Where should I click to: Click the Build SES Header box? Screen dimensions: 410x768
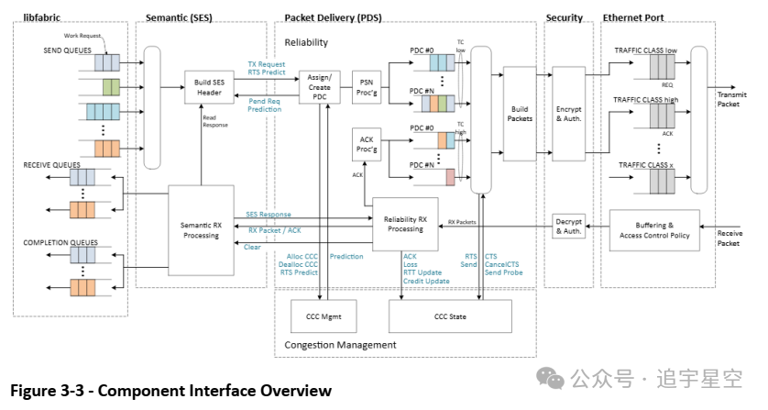click(x=210, y=88)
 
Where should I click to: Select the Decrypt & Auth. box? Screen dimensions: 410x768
click(x=568, y=227)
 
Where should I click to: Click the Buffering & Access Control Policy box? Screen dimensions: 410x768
click(x=654, y=228)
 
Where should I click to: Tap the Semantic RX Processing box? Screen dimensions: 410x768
click(x=201, y=229)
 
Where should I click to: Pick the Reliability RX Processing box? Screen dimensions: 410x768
click(x=405, y=224)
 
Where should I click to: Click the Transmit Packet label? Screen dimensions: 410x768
click(x=732, y=99)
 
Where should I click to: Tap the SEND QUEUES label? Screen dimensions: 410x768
click(x=67, y=50)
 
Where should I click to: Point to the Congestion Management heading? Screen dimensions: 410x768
click(x=340, y=345)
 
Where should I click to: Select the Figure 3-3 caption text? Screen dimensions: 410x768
click(x=170, y=392)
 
